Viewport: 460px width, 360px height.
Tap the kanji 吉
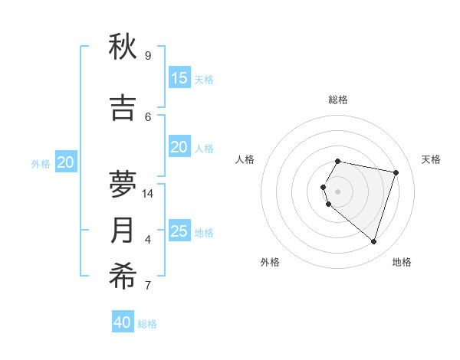(123, 107)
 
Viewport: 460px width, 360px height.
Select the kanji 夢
(123, 182)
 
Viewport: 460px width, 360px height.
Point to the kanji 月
(123, 231)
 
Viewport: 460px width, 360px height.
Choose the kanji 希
(123, 277)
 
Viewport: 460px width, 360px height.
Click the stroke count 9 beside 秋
(148, 56)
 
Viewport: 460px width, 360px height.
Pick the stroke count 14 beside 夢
(149, 194)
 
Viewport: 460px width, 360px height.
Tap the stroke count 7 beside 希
(148, 286)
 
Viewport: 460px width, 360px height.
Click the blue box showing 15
(179, 78)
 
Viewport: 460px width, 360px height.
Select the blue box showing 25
(179, 231)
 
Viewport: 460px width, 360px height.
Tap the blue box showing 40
(123, 322)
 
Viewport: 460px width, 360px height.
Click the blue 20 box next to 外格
(66, 162)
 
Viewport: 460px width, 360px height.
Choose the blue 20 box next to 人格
(179, 147)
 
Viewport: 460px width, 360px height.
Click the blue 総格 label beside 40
(147, 324)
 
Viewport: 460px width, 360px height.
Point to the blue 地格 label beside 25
(204, 233)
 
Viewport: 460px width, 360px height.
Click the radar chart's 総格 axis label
(338, 100)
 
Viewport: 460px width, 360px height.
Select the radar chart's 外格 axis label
(270, 262)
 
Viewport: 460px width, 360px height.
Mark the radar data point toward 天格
(396, 173)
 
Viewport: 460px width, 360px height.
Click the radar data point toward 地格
(373, 242)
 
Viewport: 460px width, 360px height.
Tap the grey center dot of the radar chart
(338, 191)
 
